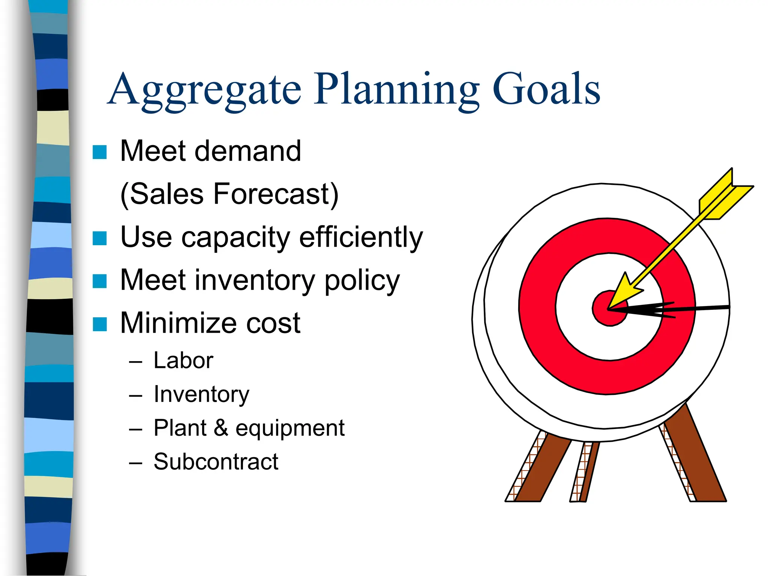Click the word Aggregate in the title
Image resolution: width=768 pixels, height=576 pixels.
(x=205, y=90)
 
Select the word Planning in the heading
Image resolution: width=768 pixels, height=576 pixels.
(x=397, y=90)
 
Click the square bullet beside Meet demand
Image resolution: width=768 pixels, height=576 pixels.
(x=100, y=152)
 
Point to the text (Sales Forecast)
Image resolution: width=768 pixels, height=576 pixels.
(x=229, y=194)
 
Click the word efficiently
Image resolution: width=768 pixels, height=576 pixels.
(x=361, y=238)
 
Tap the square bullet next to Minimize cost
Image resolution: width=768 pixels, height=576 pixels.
(x=100, y=324)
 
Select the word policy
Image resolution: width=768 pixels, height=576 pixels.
(x=362, y=281)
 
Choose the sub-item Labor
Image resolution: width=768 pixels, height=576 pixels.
(x=183, y=361)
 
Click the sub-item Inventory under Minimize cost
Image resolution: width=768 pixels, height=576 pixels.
(x=201, y=394)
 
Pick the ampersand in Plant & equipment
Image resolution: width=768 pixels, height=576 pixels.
(x=221, y=428)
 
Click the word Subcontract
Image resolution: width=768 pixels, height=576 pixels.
(x=216, y=462)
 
